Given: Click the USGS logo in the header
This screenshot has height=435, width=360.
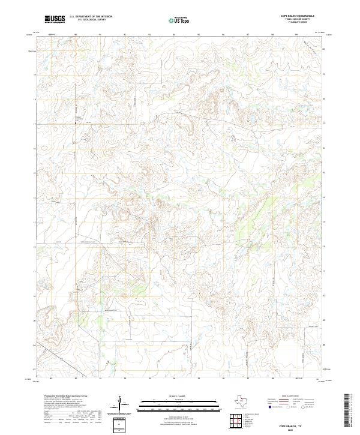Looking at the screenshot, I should (x=55, y=20).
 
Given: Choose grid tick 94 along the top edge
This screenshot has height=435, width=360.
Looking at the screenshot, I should (x=174, y=35).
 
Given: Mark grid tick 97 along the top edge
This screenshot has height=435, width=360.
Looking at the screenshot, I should (x=248, y=35).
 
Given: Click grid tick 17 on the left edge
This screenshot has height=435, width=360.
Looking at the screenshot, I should (x=34, y=124).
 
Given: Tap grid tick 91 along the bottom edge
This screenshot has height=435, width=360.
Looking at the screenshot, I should (x=100, y=379).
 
